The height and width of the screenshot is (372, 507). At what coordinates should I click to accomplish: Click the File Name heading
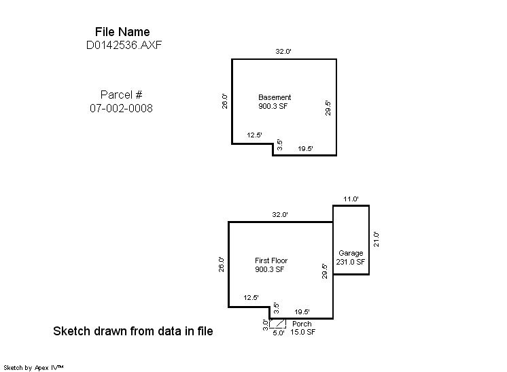coord(122,32)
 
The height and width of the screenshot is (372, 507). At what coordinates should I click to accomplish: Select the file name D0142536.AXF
coord(124,45)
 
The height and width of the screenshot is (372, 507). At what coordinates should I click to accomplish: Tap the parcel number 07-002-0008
coord(121,108)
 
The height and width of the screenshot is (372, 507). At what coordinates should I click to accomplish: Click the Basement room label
coord(275,97)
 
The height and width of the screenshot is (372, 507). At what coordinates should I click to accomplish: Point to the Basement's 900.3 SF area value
coord(273,106)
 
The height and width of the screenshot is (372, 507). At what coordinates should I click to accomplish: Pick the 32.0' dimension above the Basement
coord(283,51)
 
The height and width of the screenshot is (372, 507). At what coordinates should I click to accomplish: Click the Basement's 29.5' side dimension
coord(328,108)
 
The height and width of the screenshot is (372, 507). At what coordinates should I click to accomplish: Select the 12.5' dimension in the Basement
coord(254,135)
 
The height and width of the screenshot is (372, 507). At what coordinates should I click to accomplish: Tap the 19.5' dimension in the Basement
coord(306,148)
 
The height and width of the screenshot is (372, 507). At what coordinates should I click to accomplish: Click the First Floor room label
coord(271,260)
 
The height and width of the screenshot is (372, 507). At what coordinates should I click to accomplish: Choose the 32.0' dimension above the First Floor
coord(280,214)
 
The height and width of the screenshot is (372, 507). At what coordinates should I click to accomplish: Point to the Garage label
coord(351,253)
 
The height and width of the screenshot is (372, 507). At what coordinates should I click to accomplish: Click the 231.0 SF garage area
coord(351,262)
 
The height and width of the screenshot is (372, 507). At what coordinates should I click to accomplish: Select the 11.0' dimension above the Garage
coord(351,199)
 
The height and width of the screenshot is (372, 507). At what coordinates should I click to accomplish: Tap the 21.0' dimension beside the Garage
coord(377,239)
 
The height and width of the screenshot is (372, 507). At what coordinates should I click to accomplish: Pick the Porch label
coord(302,324)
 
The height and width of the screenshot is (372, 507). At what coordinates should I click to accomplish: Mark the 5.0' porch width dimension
coord(279,333)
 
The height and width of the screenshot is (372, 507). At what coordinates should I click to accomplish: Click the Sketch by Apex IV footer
coord(33,368)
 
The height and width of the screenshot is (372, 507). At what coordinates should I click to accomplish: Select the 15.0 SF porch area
coord(302,332)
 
